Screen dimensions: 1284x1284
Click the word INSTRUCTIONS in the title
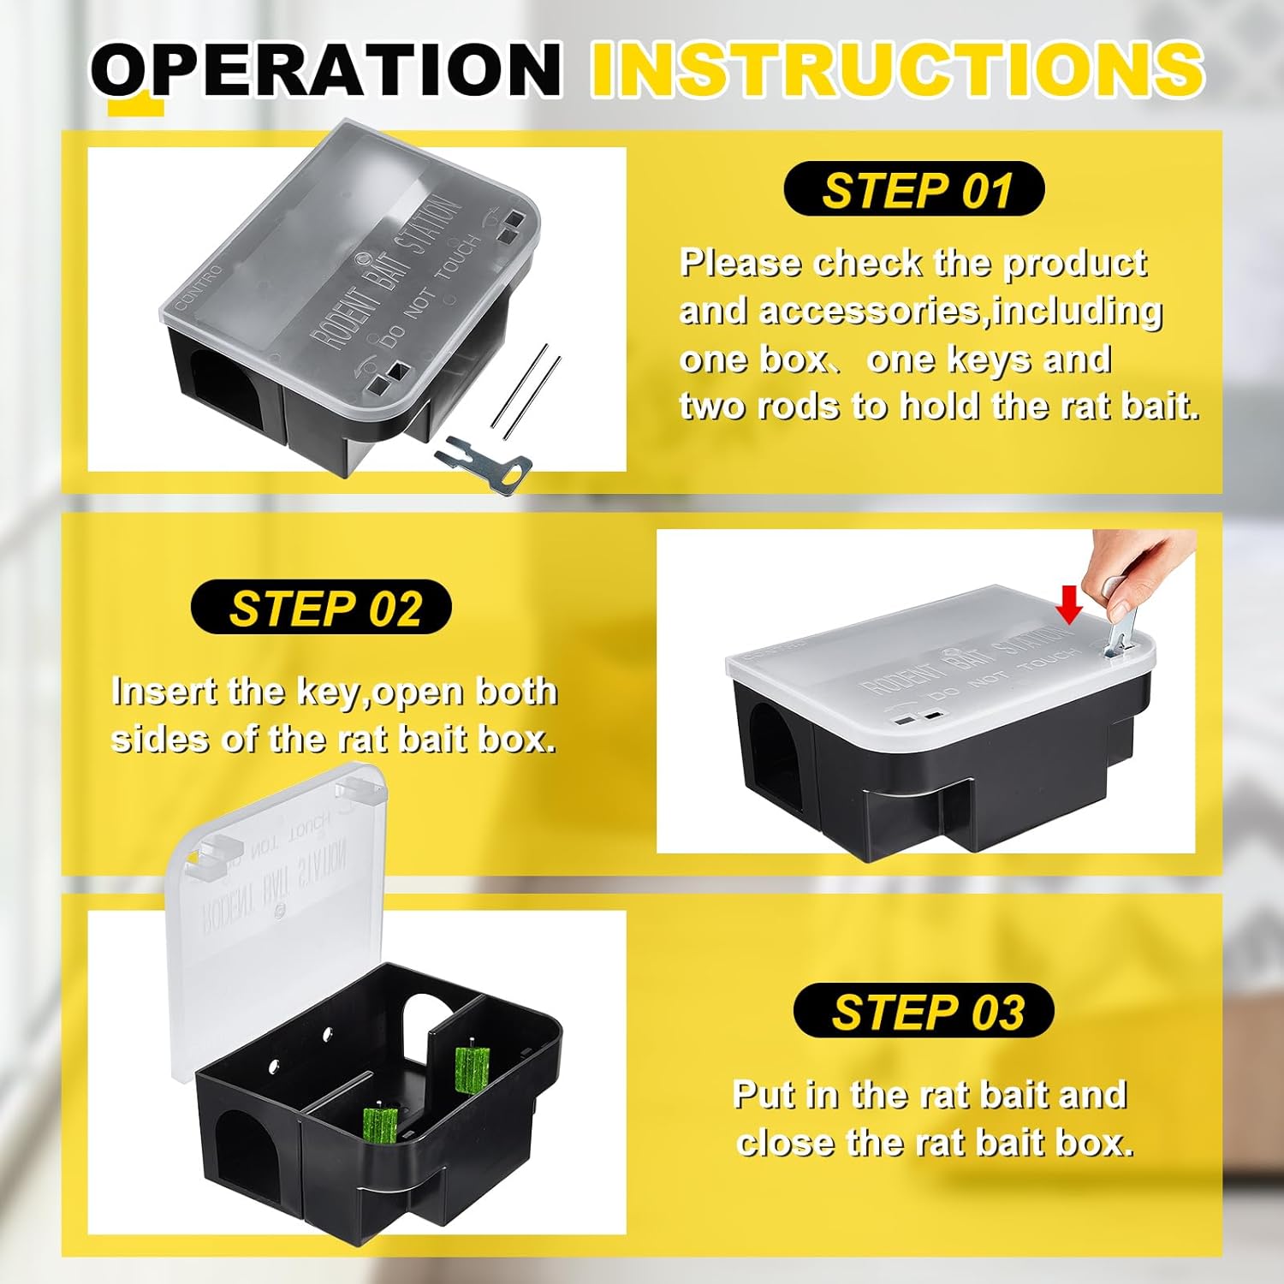coord(897,68)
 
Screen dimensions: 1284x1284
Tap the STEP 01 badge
coord(914,190)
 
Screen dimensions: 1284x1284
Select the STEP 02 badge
coord(322,608)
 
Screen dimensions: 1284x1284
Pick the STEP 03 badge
coord(924,1012)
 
